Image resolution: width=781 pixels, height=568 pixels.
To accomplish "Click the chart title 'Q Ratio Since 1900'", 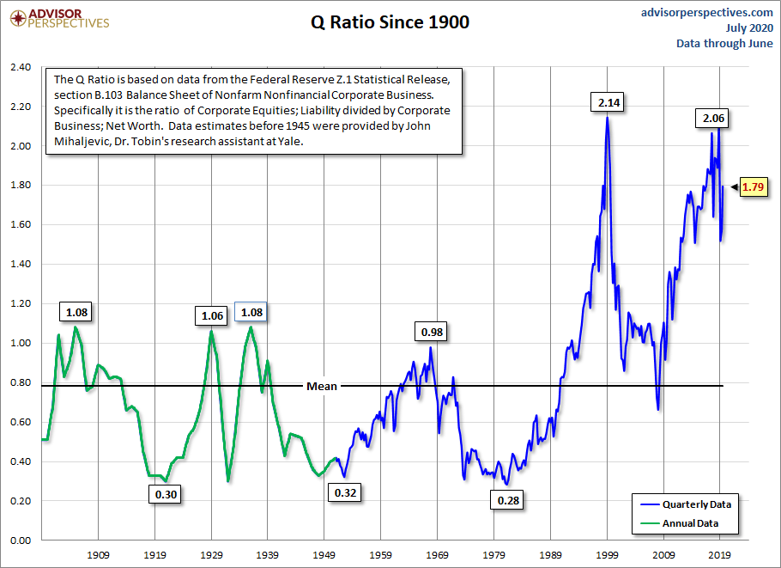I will pyautogui.click(x=390, y=22).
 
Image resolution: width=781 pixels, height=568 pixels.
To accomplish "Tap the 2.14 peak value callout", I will pyautogui.click(x=608, y=103).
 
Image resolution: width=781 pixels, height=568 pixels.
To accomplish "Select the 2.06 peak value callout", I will pyautogui.click(x=712, y=119).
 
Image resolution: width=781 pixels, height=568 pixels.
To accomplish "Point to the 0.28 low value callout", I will pyautogui.click(x=508, y=499).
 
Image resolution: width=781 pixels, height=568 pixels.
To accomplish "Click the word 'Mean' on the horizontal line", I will pyautogui.click(x=322, y=386).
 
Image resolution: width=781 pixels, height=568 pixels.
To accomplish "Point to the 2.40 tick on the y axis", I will pyautogui.click(x=21, y=67).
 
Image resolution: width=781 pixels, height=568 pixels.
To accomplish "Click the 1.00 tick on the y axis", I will pyautogui.click(x=21, y=343).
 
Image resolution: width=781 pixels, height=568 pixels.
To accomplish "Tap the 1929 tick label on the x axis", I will pyautogui.click(x=211, y=554).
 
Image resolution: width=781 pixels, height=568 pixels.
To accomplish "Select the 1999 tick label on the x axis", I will pyautogui.click(x=608, y=554).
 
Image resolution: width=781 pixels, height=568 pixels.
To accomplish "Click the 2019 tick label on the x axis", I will pyautogui.click(x=721, y=554).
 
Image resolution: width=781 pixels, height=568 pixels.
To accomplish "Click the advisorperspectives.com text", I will pyautogui.click(x=707, y=12).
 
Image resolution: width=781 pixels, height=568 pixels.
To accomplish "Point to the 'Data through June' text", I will pyautogui.click(x=724, y=43).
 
